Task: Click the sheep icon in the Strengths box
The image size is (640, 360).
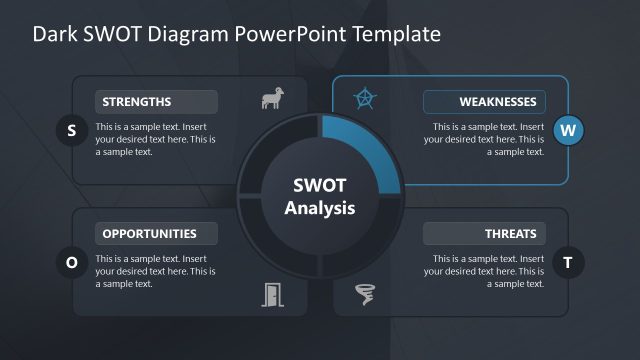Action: [x=271, y=99]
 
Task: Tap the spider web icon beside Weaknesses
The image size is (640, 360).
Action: [x=366, y=99]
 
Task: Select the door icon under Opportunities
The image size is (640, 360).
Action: [x=272, y=293]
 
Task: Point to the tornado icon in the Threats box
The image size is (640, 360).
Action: [x=366, y=293]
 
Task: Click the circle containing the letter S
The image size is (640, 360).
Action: [x=71, y=130]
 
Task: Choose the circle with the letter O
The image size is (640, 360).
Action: [x=71, y=263]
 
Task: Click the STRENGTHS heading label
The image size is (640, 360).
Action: [x=156, y=101]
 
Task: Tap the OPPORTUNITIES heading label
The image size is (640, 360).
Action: [x=156, y=234]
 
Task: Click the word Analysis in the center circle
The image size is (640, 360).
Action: [x=320, y=208]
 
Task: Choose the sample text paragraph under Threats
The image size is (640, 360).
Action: [x=487, y=271]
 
